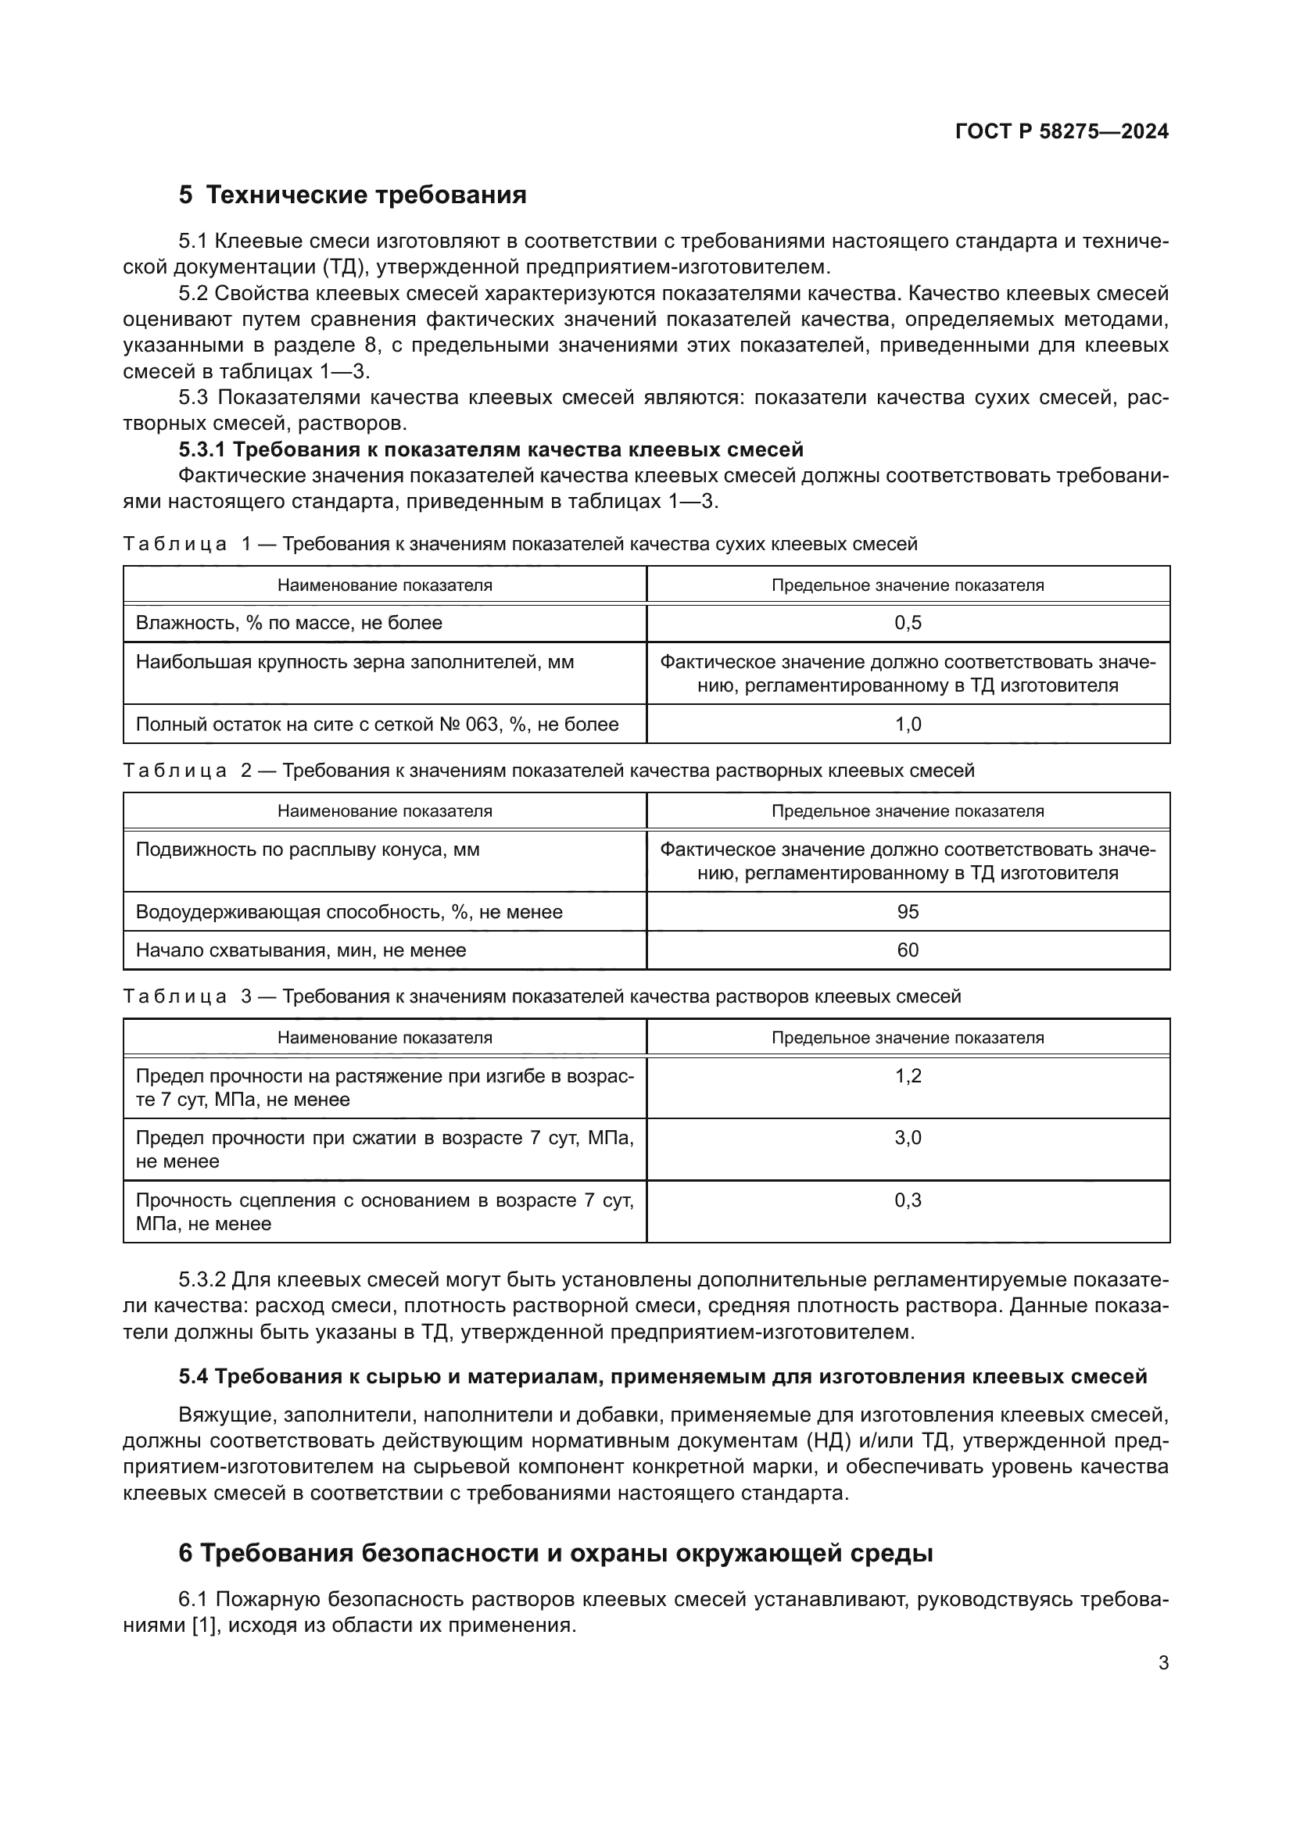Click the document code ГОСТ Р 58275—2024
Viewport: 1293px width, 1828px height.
point(1062,131)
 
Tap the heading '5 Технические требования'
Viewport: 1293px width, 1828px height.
point(353,195)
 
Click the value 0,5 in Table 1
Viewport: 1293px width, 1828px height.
point(908,624)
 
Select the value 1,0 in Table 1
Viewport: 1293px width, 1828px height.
point(908,724)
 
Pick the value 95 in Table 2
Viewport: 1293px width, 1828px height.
point(908,911)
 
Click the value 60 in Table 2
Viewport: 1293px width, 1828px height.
point(908,950)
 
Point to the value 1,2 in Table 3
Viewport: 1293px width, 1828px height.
point(908,1076)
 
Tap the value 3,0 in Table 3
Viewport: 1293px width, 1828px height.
point(908,1138)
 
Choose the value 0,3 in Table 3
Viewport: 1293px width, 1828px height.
point(908,1200)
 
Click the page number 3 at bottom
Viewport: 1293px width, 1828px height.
point(1163,1662)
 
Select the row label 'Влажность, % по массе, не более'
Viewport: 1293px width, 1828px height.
point(289,624)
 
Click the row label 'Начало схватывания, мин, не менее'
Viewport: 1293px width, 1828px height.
point(301,950)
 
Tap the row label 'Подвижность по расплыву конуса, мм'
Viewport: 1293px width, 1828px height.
point(307,850)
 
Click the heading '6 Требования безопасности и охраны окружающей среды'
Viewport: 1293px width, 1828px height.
point(555,1553)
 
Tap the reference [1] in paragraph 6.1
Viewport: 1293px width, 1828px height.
point(204,1625)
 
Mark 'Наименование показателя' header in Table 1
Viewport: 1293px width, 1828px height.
point(385,585)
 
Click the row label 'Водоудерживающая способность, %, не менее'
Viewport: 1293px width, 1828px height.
point(349,911)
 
